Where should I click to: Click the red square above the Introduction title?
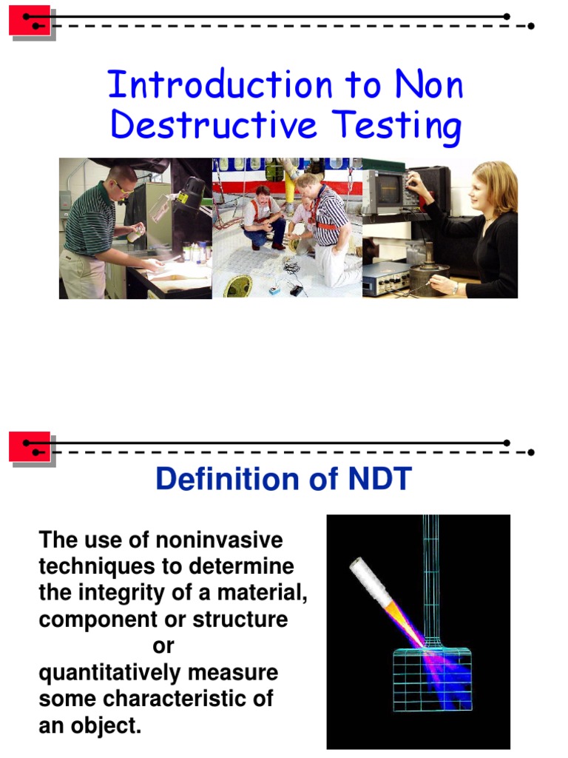(30, 21)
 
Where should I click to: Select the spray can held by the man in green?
(137, 233)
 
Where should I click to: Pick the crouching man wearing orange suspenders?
(264, 218)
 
